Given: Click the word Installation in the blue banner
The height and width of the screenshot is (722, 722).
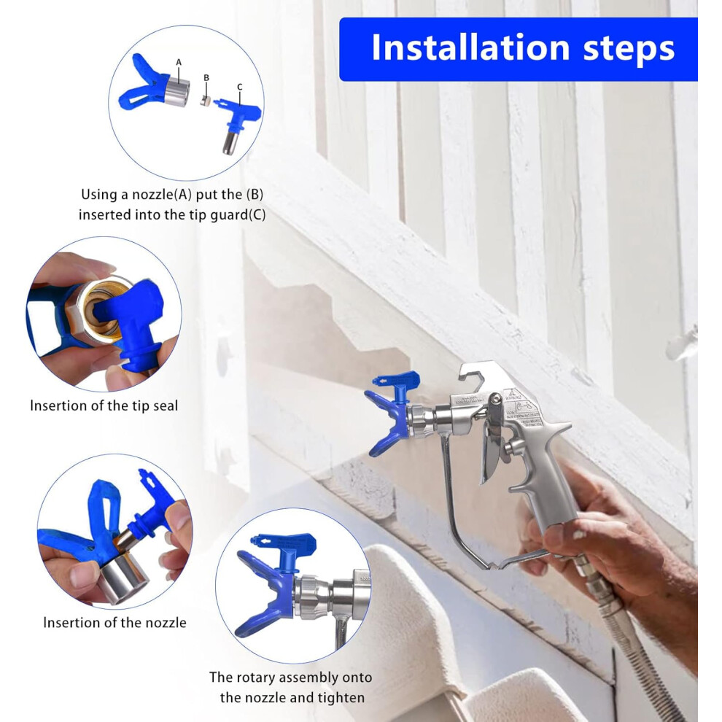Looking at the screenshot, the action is (470, 47).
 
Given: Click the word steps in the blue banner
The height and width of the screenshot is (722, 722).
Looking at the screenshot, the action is (629, 50).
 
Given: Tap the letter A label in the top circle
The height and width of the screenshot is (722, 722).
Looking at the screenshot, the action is (179, 62).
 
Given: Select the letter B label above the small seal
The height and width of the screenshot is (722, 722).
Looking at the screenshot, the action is (206, 78).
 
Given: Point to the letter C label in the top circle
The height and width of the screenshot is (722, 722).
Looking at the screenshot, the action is (239, 87).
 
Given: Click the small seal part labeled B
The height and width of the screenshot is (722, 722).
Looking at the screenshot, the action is (206, 101).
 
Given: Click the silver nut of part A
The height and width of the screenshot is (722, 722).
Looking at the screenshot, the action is (177, 92).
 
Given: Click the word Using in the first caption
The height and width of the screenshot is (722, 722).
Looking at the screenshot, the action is (98, 195).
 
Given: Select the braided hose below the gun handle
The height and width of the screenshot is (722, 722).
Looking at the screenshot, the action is (645, 645).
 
